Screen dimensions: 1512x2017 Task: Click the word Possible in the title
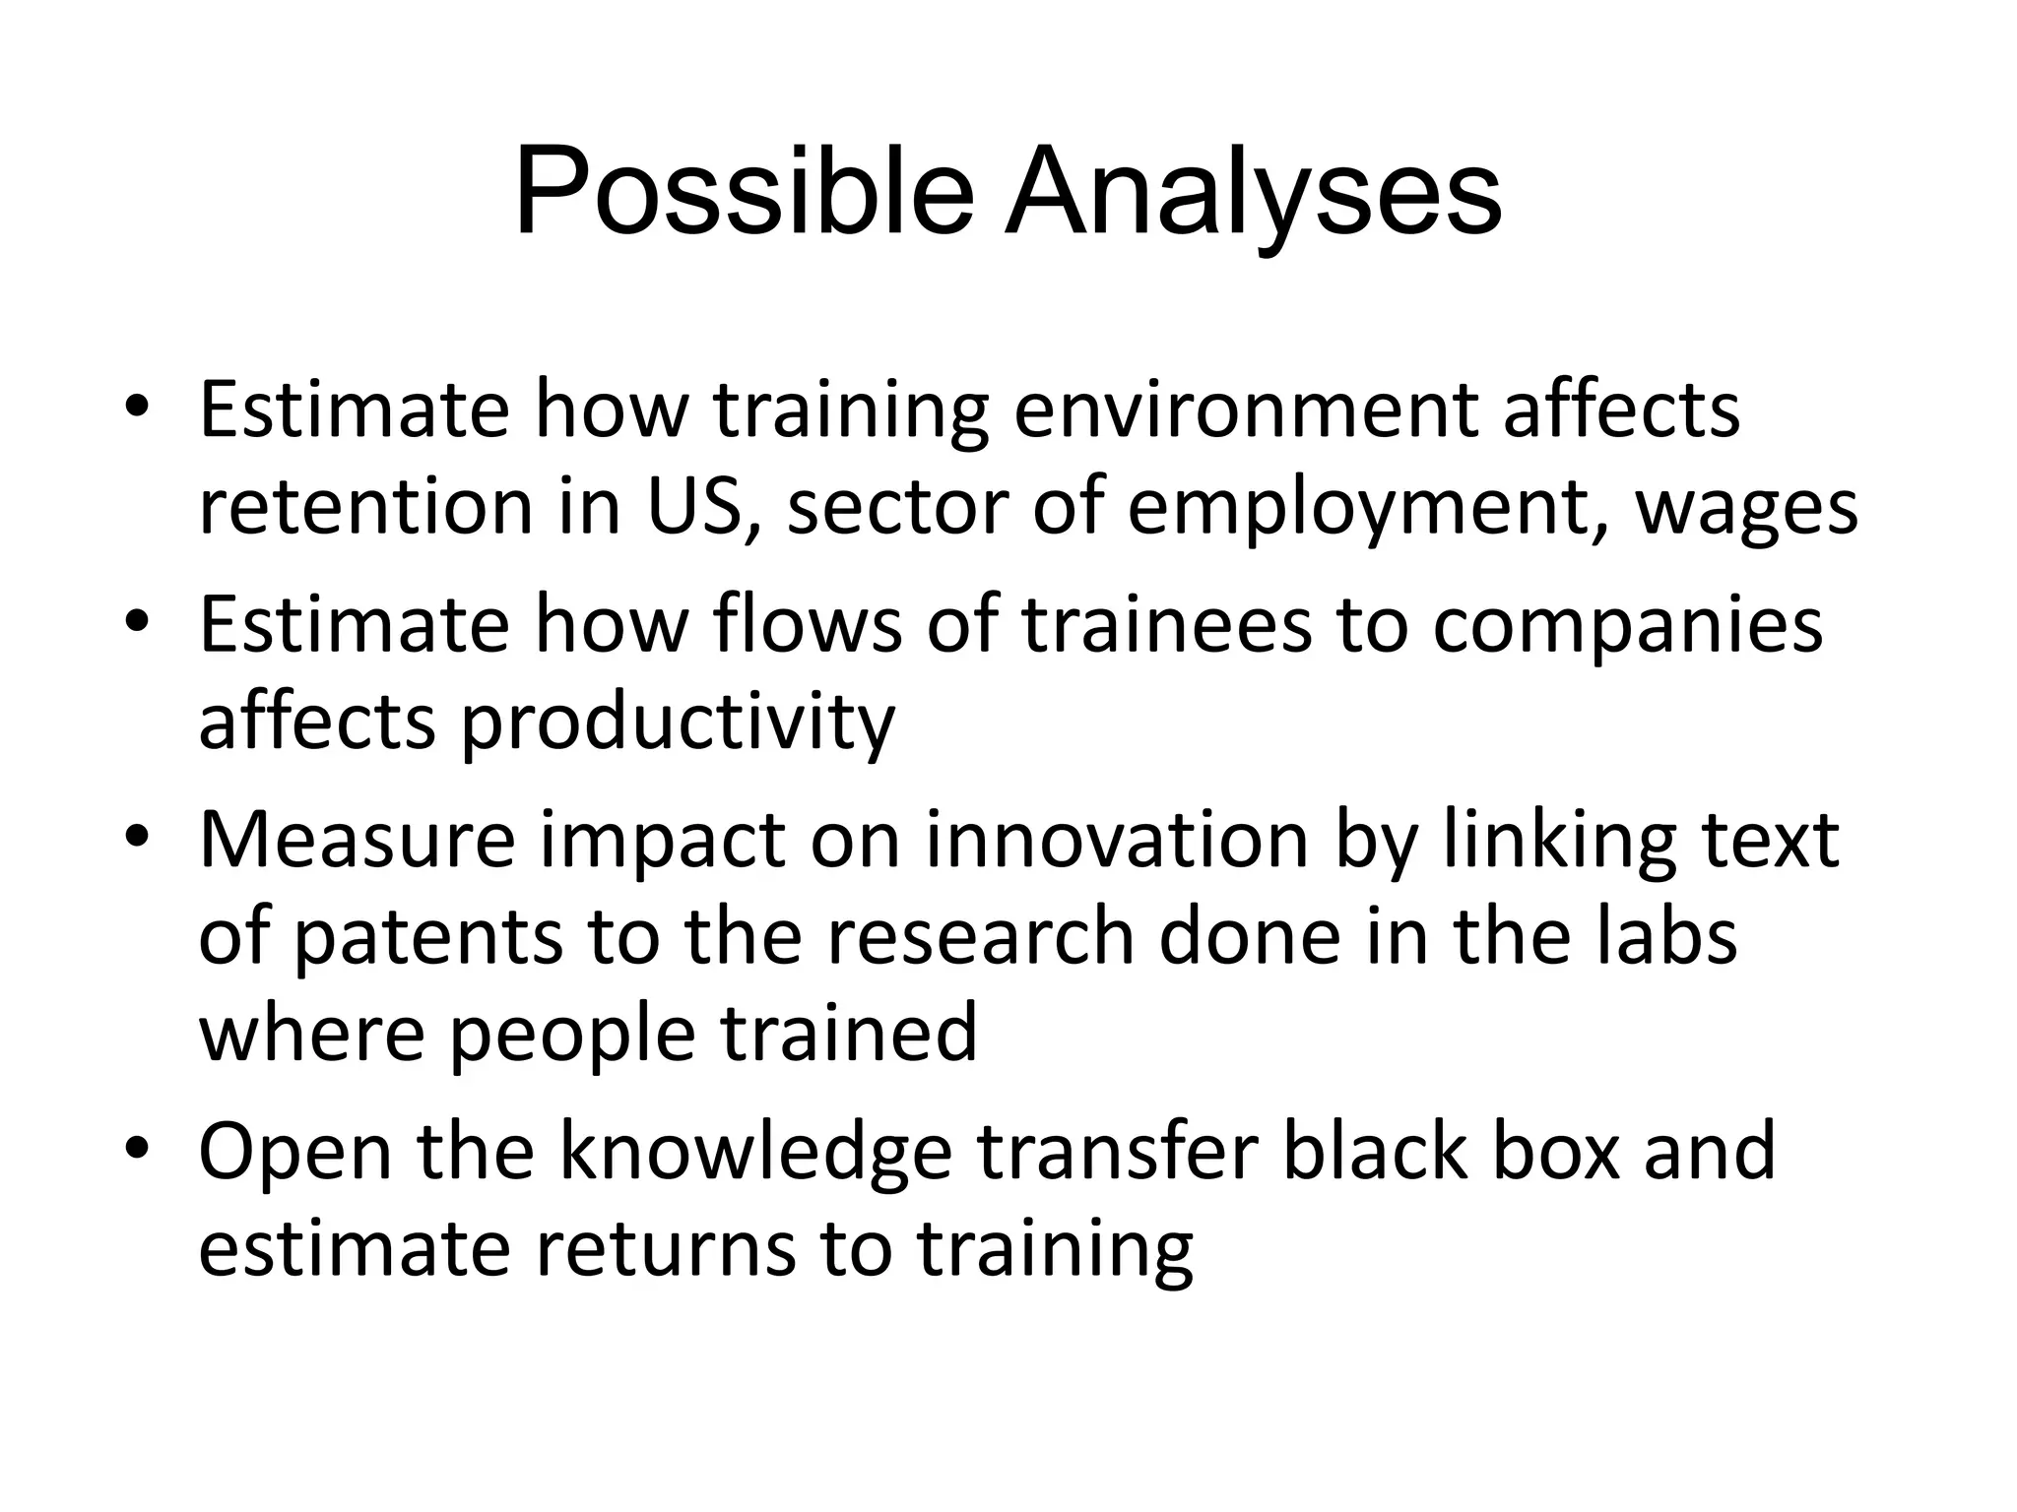[744, 192]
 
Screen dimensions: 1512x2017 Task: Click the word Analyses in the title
[1253, 192]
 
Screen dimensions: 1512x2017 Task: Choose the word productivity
[678, 724]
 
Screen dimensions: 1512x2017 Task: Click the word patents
[428, 937]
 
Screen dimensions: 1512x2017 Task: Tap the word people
[572, 1036]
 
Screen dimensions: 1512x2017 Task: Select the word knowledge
[755, 1153]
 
